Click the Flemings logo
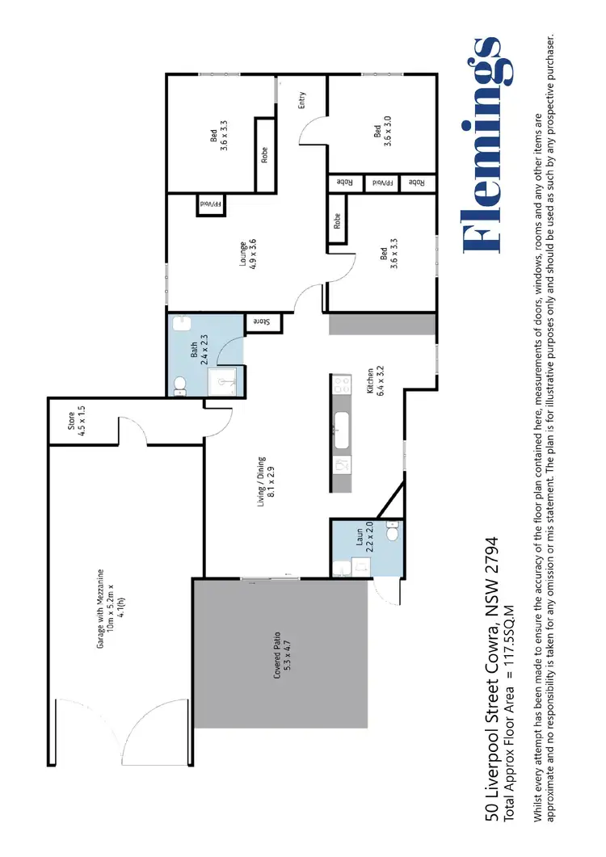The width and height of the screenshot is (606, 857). [484, 145]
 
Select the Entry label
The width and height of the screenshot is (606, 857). [302, 101]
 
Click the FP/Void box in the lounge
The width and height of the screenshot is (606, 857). [212, 205]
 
